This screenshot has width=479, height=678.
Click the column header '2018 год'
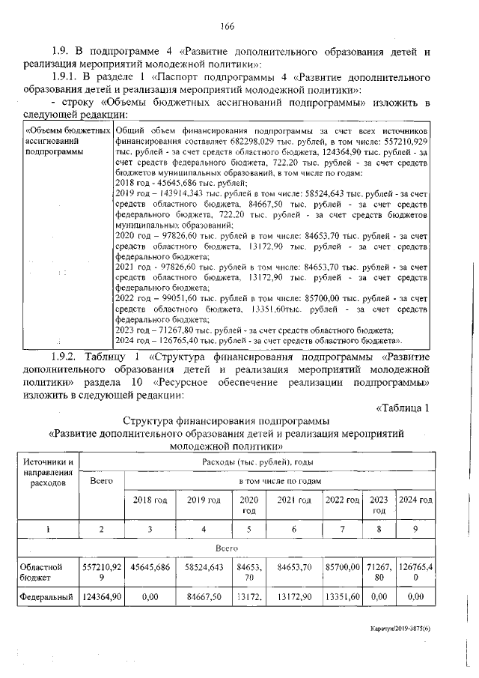[x=150, y=500]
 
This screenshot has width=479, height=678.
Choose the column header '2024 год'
[x=415, y=500]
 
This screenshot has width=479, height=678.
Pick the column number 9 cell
[x=415, y=529]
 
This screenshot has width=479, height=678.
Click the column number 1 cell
[x=48, y=529]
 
